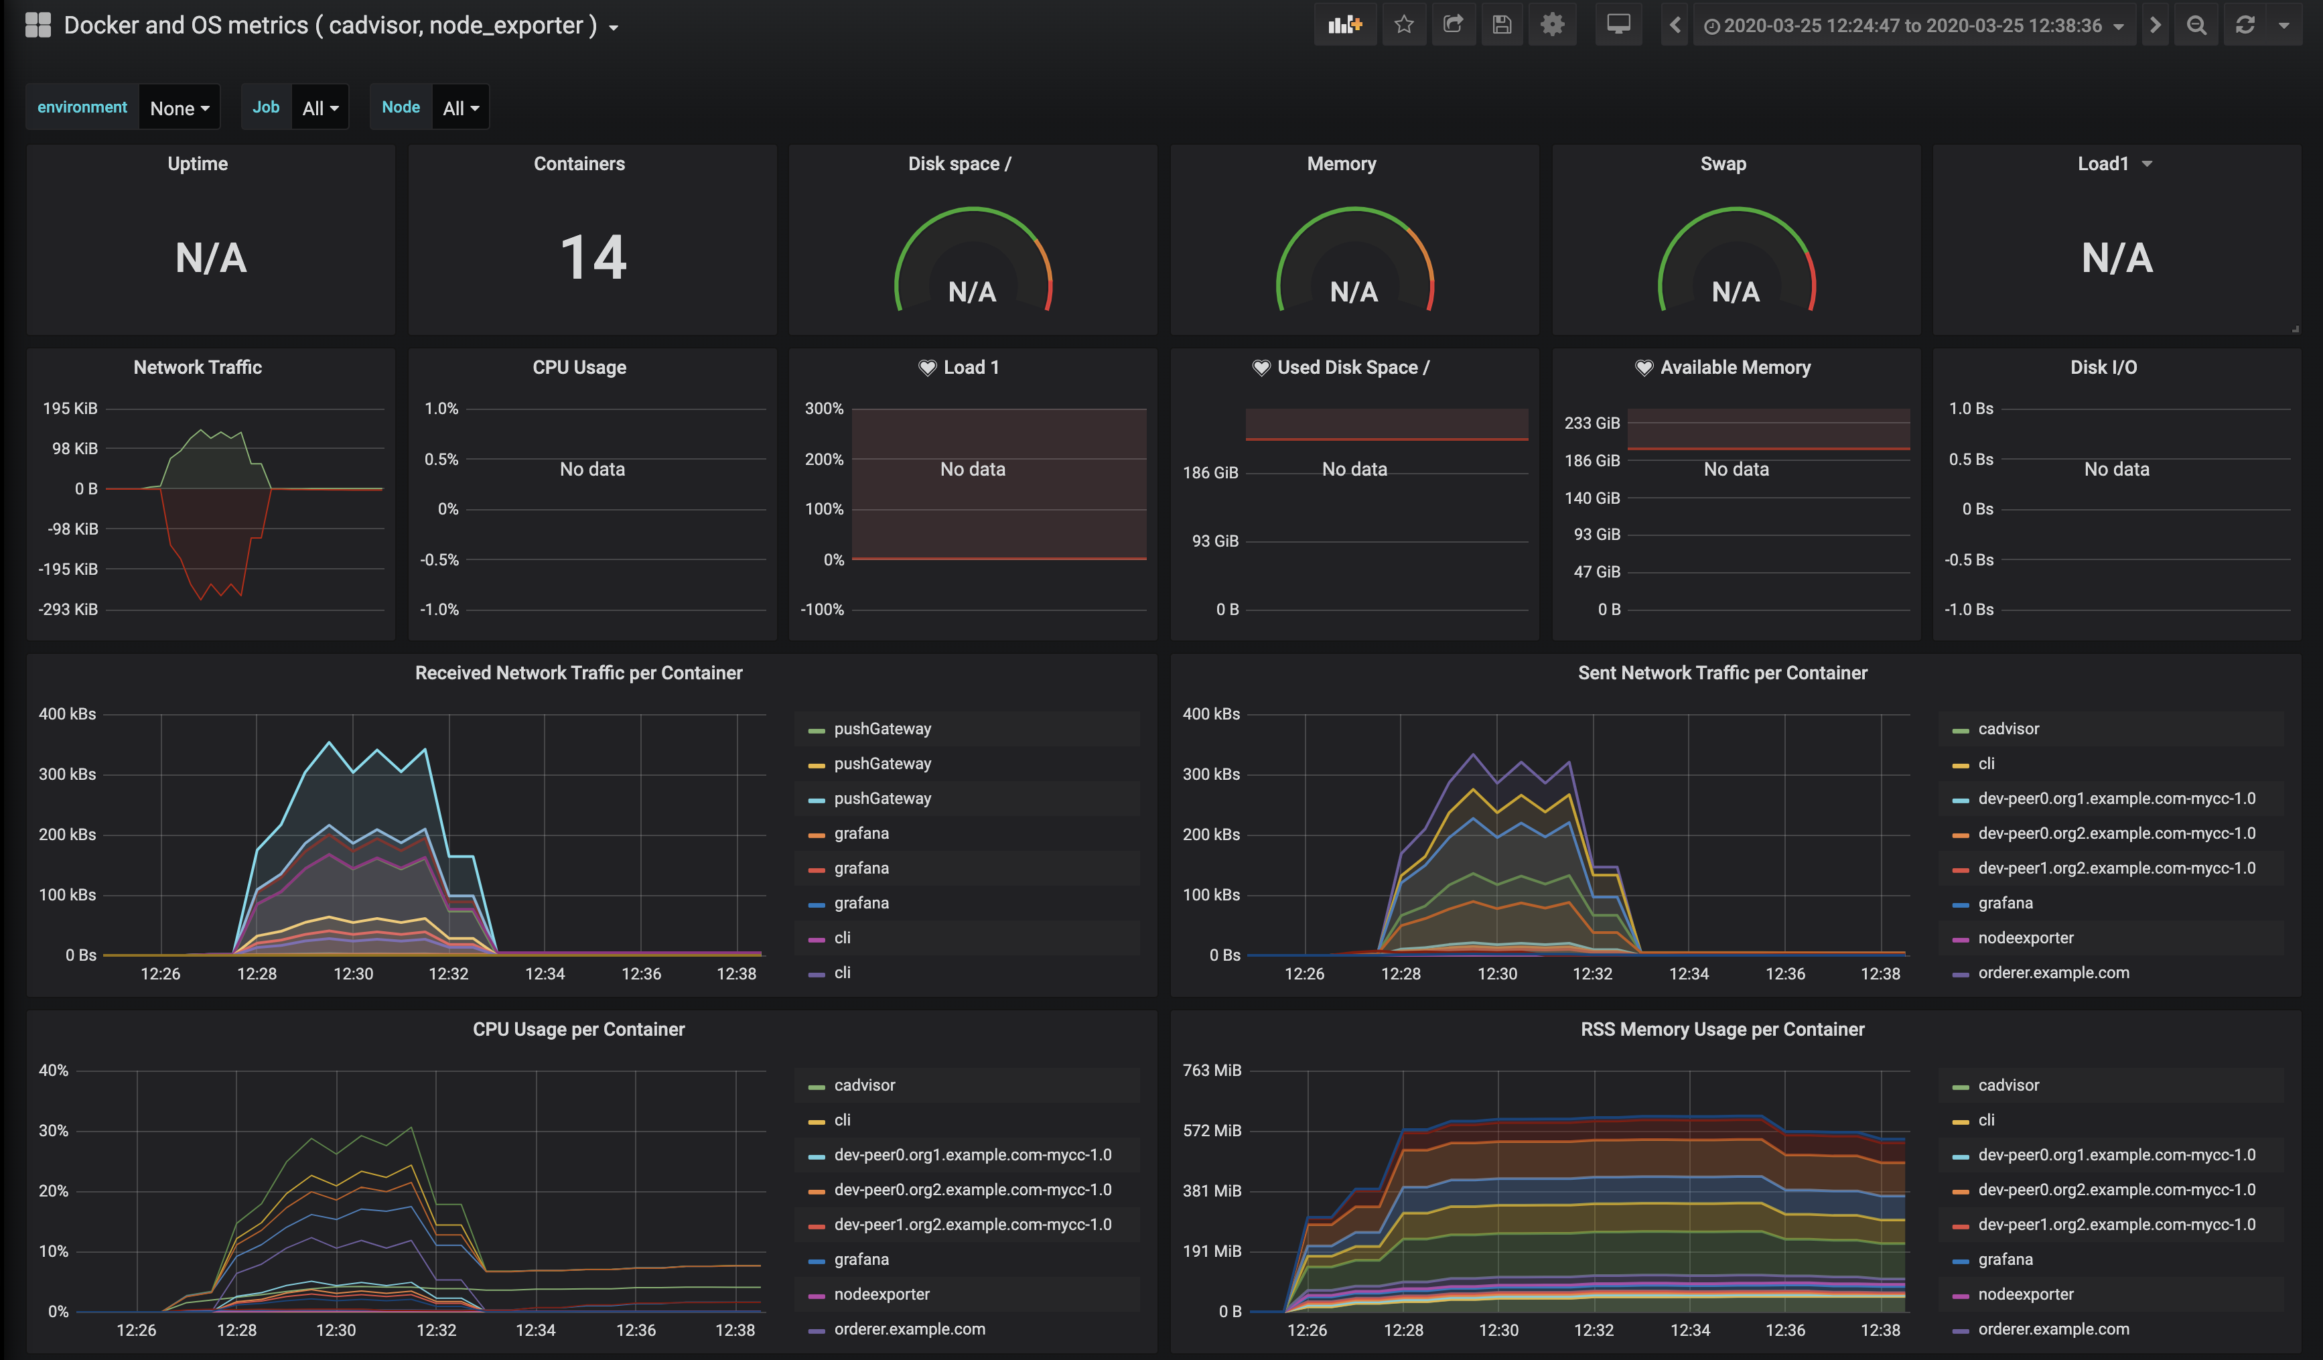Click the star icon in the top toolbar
[x=1403, y=25]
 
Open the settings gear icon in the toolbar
[x=1553, y=25]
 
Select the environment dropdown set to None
[x=179, y=108]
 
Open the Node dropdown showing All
[x=460, y=108]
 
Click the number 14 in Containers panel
[x=593, y=257]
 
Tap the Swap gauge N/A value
[x=1735, y=292]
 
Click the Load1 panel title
[x=2103, y=164]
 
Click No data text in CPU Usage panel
[x=592, y=470]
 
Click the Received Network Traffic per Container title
[x=578, y=673]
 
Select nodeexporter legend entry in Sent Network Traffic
[x=2024, y=938]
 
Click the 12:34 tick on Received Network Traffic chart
[x=545, y=973]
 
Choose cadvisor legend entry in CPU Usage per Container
[x=863, y=1085]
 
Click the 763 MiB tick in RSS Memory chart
[x=1211, y=1071]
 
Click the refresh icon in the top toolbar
[x=2245, y=25]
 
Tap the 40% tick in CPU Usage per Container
[x=54, y=1071]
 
